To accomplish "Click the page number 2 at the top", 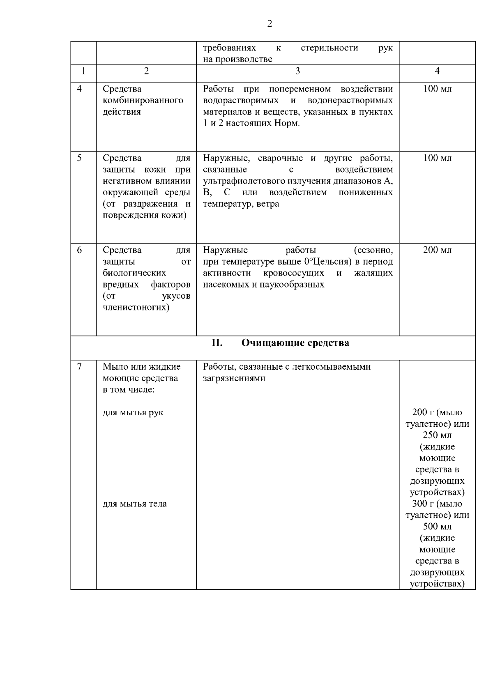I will (270, 24).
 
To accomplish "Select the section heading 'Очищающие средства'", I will (295, 343).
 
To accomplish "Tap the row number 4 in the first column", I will (80, 89).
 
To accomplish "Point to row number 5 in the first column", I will (80, 158).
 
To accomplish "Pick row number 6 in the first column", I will (80, 250).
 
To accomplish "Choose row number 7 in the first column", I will (80, 366).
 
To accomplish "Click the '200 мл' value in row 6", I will (437, 250).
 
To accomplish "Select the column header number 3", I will (297, 71).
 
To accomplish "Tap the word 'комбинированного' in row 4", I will (143, 100).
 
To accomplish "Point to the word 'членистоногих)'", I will (136, 307).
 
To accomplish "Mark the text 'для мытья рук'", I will (133, 412).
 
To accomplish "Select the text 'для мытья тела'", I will (134, 504).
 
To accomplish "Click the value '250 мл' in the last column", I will (437, 435).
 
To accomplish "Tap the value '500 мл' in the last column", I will (437, 527).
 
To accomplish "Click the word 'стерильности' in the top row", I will (329, 48).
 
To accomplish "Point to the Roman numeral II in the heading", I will (217, 343).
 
